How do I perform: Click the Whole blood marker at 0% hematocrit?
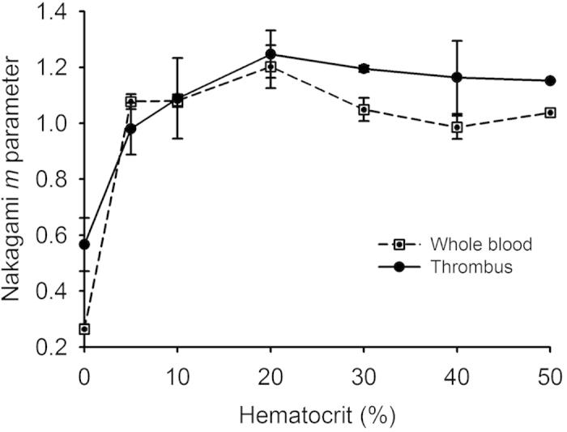pyautogui.click(x=83, y=329)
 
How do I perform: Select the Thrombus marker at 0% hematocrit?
pyautogui.click(x=83, y=244)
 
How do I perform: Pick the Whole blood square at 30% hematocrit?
pyautogui.click(x=364, y=109)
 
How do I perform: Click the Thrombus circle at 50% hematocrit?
pyautogui.click(x=550, y=80)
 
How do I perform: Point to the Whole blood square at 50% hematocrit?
pyautogui.click(x=550, y=113)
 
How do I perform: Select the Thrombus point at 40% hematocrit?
pyautogui.click(x=457, y=78)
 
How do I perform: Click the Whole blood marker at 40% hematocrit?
pyautogui.click(x=457, y=127)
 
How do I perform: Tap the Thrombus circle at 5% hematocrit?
pyautogui.click(x=130, y=129)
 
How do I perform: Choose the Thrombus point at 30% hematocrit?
pyautogui.click(x=364, y=69)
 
